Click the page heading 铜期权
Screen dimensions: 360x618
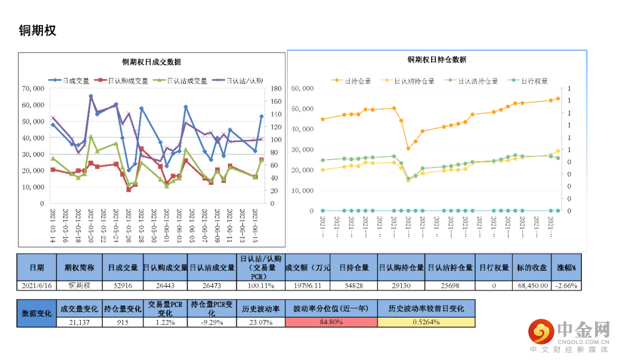click(38, 30)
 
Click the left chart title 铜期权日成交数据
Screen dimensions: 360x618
click(152, 62)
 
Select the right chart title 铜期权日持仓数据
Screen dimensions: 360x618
click(437, 60)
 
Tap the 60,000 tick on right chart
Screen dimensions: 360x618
click(303, 88)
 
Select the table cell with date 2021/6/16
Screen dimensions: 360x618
click(37, 285)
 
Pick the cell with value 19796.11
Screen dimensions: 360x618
click(307, 285)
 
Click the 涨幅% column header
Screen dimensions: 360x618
click(566, 267)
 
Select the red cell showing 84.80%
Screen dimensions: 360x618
click(331, 322)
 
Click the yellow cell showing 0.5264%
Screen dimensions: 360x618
click(426, 322)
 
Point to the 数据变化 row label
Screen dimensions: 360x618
click(37, 314)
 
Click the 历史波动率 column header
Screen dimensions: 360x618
click(260, 309)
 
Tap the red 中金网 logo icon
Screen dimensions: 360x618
click(540, 331)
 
